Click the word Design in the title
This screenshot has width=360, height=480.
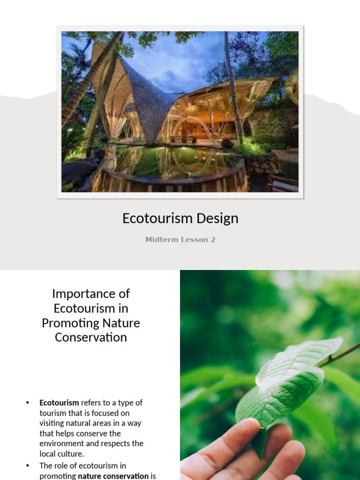point(217,218)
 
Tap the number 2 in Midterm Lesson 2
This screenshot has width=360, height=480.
point(213,240)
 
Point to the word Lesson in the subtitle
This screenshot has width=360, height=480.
point(194,240)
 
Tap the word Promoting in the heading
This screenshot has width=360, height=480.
point(68,323)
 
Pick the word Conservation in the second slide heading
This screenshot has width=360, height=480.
point(90,337)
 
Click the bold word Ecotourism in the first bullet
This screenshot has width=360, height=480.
point(59,403)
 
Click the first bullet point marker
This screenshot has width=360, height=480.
point(28,403)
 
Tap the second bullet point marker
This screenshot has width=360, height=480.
point(28,465)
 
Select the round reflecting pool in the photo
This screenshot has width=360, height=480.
point(173,164)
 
